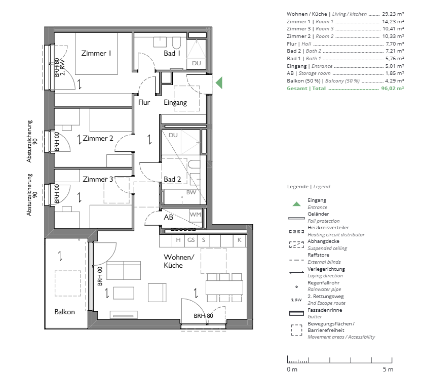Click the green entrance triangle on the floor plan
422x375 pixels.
click(219, 82)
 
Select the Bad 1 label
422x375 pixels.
click(172, 53)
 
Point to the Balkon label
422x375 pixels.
click(64, 312)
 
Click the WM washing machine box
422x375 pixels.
click(196, 215)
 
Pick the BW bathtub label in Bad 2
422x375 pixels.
click(191, 192)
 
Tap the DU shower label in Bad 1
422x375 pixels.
click(196, 63)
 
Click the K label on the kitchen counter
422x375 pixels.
click(239, 240)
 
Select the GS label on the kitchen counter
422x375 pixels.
click(191, 240)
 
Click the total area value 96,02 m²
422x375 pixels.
click(392, 88)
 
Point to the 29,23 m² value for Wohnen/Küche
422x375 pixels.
click(393, 14)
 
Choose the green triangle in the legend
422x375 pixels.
click(296, 203)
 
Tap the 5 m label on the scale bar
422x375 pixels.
click(388, 369)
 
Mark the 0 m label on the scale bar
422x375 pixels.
click(292, 369)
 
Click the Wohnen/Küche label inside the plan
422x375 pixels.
click(179, 261)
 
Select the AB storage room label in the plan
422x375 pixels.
click(169, 217)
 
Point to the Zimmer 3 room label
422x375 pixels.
click(98, 179)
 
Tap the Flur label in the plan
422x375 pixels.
click(144, 102)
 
